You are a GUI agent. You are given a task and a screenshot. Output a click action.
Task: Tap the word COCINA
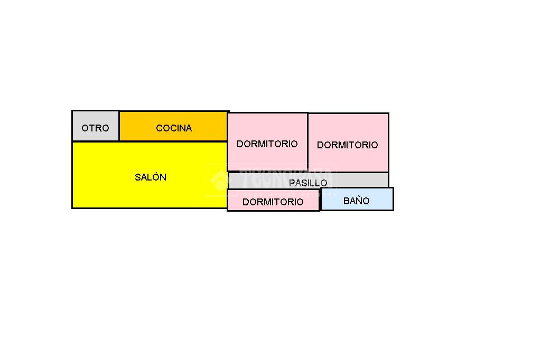point(174,128)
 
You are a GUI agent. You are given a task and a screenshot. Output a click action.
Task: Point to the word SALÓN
point(151,177)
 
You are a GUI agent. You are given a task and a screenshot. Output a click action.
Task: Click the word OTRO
point(95,128)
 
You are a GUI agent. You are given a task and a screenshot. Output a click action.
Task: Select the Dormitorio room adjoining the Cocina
point(267,158)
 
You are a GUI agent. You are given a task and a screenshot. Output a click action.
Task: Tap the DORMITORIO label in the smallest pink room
point(273,202)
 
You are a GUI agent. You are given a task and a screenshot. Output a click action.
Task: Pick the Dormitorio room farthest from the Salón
point(348,158)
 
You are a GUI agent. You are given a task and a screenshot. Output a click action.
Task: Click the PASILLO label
point(308,183)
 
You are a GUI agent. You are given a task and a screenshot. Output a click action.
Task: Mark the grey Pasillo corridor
point(359,180)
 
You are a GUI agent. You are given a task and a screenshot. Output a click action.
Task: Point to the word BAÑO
point(357,201)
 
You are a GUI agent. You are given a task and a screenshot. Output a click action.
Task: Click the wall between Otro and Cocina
point(119,126)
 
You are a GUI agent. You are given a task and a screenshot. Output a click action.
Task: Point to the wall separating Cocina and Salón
point(174,141)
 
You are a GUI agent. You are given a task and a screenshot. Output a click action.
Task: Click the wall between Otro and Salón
point(95,141)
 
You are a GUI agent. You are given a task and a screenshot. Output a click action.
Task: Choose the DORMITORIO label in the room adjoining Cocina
point(267,144)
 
